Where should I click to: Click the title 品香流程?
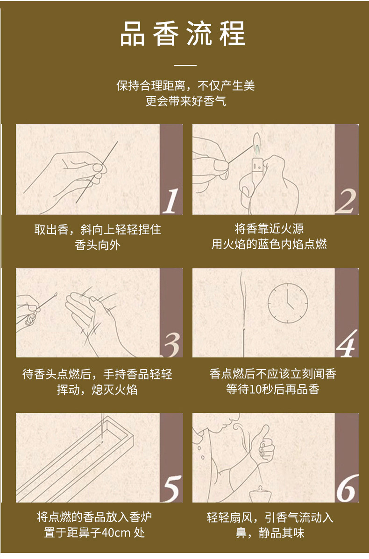click(x=182, y=34)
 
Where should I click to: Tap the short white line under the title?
click(x=185, y=65)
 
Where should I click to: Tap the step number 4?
click(x=347, y=344)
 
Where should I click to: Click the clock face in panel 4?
click(x=288, y=303)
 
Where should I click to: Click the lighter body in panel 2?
click(x=257, y=171)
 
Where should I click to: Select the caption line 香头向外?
click(x=98, y=245)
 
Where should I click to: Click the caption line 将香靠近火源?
click(x=269, y=229)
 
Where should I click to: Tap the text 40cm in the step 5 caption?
click(x=116, y=532)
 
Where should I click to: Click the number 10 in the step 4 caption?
click(x=255, y=389)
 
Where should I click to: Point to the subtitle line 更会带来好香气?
click(x=185, y=101)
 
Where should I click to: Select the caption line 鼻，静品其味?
click(x=270, y=533)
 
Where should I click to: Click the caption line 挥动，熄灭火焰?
click(x=97, y=389)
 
